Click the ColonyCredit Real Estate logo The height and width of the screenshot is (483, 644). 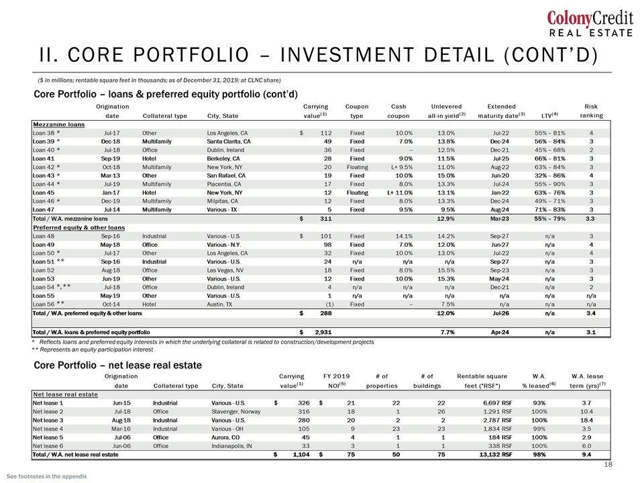pos(590,24)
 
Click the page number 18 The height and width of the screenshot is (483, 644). pos(608,464)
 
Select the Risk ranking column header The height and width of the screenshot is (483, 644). pos(592,111)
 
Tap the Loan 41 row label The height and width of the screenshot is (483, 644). pos(44,158)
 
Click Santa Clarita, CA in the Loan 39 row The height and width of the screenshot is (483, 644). pos(229,142)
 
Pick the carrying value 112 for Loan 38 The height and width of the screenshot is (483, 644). pos(326,133)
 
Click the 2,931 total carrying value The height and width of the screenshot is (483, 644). pos(323,332)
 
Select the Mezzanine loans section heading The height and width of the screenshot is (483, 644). pos(59,125)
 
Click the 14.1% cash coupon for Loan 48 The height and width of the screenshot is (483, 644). pos(404,236)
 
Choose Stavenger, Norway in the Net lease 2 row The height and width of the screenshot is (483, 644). pos(236,411)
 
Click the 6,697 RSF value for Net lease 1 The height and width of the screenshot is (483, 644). pos(498,403)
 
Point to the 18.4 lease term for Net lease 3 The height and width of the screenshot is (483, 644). pos(586,420)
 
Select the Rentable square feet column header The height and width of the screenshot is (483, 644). pos(482,381)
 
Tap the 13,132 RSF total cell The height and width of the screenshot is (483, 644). pos(496,455)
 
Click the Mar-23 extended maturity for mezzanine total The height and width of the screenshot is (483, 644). pos(500,219)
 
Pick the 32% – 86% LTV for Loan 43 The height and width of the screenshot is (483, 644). pos(550,175)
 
